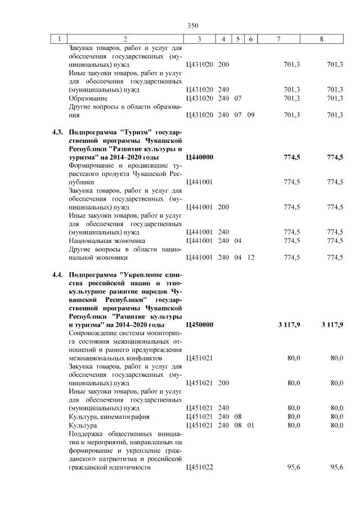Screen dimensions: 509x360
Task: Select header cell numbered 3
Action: (200, 39)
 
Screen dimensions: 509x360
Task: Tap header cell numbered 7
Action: (279, 39)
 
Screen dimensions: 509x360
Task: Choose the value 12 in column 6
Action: (251, 258)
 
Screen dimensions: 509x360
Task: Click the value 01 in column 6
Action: (251, 426)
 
